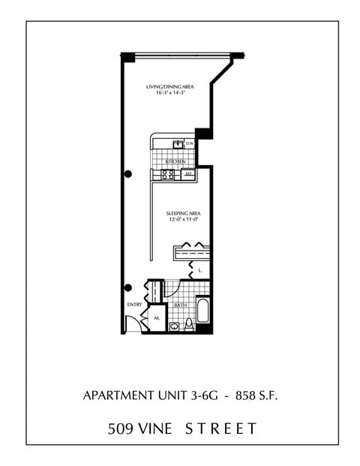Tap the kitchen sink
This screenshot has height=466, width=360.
pyautogui.click(x=178, y=144)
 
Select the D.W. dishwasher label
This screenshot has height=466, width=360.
pyautogui.click(x=190, y=143)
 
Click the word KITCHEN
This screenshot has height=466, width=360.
pyautogui.click(x=176, y=161)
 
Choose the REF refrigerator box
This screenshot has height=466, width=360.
pyautogui.click(x=189, y=173)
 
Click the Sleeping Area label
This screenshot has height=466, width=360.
pyautogui.click(x=183, y=213)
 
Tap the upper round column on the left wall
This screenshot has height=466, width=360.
pyautogui.click(x=128, y=174)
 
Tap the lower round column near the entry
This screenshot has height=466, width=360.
pyautogui.click(x=128, y=287)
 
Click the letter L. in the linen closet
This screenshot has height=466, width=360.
pyautogui.click(x=200, y=268)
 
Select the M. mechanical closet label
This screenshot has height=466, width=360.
pyautogui.click(x=157, y=317)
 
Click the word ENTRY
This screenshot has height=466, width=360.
pyautogui.click(x=134, y=305)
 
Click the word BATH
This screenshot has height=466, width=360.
pyautogui.click(x=181, y=305)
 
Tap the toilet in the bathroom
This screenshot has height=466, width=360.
pyautogui.click(x=190, y=323)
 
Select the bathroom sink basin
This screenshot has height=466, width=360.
pyautogui.click(x=175, y=326)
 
